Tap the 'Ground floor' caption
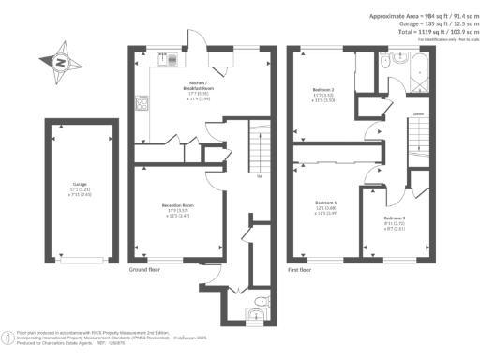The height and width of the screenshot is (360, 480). pos(147,269)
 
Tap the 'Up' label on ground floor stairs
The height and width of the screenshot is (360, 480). pos(258,175)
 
